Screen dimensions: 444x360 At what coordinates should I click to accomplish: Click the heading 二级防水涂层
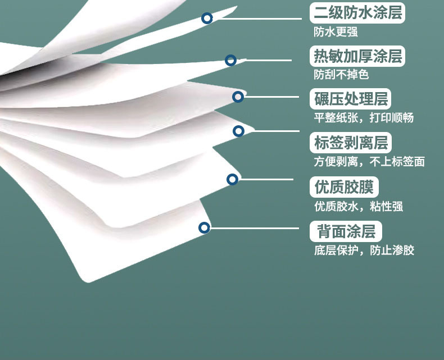pos(357,13)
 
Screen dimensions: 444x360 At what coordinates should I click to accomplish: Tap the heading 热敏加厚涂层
pos(357,56)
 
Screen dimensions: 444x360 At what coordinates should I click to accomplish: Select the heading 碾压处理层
pos(350,99)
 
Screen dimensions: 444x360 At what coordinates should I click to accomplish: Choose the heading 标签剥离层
pos(350,143)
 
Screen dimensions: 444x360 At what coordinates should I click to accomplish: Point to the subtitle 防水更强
pos(336,32)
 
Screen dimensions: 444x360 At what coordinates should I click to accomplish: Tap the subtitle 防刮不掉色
pos(341,75)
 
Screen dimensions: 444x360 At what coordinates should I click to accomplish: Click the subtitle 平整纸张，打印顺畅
pos(364,118)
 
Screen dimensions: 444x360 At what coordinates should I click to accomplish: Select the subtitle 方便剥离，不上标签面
pos(369,162)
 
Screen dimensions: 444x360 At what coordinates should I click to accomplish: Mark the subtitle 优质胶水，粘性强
pos(359,206)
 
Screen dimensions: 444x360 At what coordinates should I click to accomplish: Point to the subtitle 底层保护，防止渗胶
pos(364,250)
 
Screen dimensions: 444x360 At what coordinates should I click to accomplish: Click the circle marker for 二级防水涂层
pos(207,18)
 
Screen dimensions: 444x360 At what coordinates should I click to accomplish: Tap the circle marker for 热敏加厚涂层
pos(230,60)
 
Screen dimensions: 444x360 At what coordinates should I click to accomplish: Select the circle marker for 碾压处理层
pos(238,97)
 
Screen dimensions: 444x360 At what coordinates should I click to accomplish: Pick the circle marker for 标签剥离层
pos(238,131)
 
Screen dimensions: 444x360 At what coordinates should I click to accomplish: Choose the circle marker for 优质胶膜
pos(232,179)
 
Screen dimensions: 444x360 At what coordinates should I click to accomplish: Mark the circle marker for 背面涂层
pos(204,227)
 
